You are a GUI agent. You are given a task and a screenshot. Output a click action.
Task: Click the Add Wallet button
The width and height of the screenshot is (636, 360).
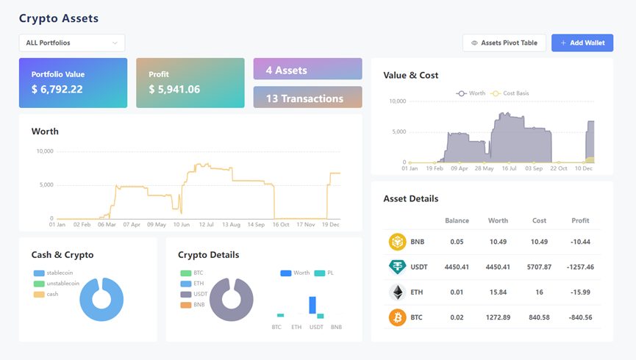(x=582, y=43)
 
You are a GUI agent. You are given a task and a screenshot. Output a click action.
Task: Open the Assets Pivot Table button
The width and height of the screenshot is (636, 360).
(x=504, y=43)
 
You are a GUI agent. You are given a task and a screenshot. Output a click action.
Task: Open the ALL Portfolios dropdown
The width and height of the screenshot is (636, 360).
(x=72, y=43)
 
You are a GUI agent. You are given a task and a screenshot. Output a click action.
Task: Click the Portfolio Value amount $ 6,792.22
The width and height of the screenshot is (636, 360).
(x=57, y=89)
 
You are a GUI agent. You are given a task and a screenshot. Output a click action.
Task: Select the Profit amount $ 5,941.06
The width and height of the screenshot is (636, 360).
(x=174, y=89)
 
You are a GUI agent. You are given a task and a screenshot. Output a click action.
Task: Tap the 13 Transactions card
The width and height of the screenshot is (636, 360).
(x=307, y=97)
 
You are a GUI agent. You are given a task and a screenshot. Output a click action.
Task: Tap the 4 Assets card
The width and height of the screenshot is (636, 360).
(x=307, y=69)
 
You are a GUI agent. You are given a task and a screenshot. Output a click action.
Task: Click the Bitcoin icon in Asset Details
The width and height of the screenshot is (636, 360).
(x=398, y=317)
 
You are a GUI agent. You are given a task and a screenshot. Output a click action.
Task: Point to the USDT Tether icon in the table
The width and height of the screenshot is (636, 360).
(x=398, y=267)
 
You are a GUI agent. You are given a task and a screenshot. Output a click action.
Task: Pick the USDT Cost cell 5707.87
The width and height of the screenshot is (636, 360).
(x=539, y=267)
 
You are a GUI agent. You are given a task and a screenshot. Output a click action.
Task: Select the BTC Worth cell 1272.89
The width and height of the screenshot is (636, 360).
(x=498, y=317)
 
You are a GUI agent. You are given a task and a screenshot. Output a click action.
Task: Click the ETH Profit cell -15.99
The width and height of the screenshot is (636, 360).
(x=580, y=292)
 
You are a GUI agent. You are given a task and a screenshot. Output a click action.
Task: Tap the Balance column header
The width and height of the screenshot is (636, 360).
(x=457, y=220)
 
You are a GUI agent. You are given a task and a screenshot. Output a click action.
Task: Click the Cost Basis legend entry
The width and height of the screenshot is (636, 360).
(x=510, y=93)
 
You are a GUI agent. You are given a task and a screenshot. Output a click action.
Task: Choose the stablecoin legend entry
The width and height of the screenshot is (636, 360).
(x=53, y=273)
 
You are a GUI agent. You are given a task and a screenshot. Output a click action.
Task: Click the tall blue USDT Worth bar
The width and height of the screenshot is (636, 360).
(x=312, y=305)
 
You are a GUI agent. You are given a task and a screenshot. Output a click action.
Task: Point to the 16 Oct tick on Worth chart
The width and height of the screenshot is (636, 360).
(x=281, y=224)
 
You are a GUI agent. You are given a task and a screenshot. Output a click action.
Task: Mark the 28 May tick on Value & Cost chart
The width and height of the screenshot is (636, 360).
(x=484, y=168)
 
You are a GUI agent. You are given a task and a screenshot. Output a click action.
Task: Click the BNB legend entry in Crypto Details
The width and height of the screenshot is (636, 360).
(x=192, y=304)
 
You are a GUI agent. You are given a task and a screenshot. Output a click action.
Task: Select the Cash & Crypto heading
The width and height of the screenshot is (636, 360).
(x=62, y=255)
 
